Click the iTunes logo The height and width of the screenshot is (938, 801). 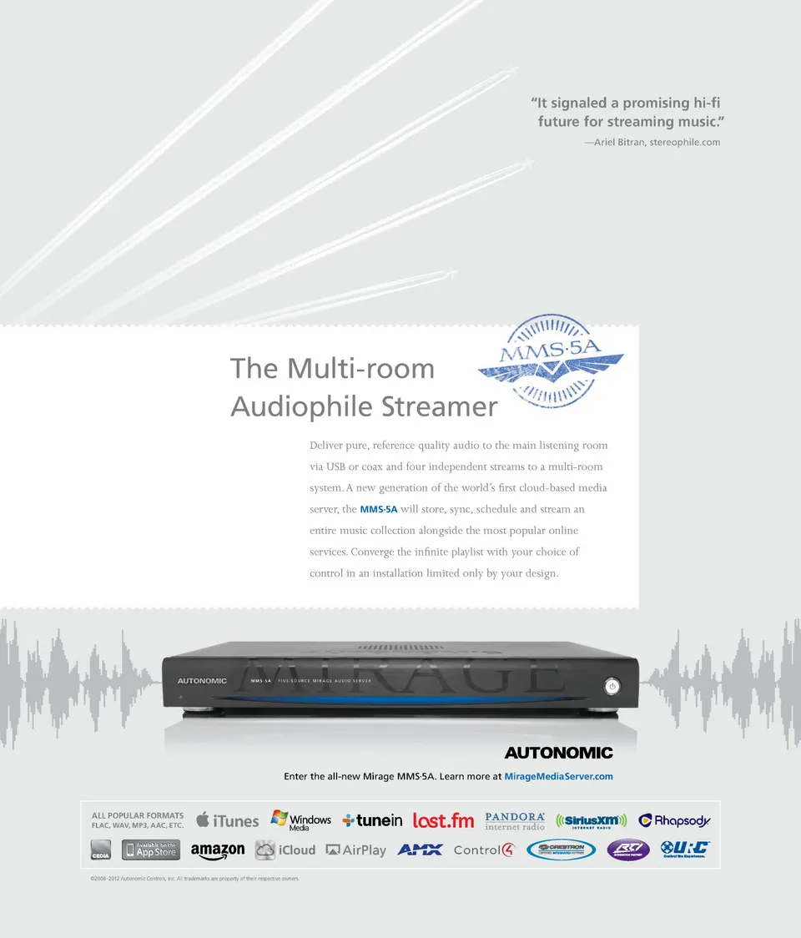coord(228,820)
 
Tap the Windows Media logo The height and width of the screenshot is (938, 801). coord(300,821)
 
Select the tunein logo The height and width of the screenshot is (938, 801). coord(372,820)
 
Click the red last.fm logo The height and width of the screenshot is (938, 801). coord(443,820)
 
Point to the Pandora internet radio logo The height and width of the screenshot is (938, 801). coord(515,821)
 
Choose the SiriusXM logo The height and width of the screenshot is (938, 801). coord(591,821)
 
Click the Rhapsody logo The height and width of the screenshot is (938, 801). coord(674,820)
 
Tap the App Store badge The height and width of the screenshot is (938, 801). coord(151,850)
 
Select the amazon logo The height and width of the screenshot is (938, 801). coord(217,850)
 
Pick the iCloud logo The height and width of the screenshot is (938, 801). coord(285,850)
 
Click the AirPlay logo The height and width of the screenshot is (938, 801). coord(356,850)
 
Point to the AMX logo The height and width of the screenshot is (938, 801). coord(420,850)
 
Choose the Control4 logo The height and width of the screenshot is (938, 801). coord(484,850)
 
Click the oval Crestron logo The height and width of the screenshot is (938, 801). coord(561,850)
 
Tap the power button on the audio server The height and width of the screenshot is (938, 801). coord(612,686)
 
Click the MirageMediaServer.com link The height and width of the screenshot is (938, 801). coord(558,777)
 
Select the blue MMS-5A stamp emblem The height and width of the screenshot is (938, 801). coord(551,360)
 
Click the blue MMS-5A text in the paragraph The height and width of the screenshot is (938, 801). coord(378,509)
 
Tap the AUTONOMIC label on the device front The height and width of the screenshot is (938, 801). coord(202,681)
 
